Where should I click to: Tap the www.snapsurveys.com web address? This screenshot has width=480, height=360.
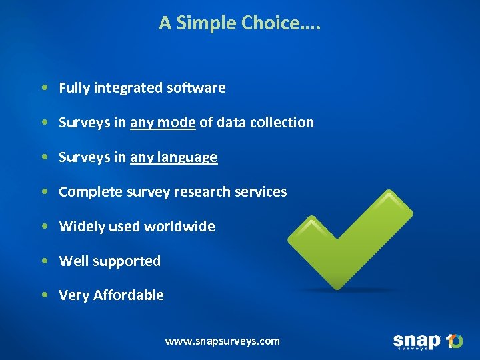click(x=223, y=341)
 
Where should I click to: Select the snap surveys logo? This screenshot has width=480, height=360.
click(x=427, y=342)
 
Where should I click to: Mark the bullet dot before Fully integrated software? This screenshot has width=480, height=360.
click(x=43, y=88)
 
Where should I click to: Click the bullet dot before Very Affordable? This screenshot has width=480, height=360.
click(x=43, y=295)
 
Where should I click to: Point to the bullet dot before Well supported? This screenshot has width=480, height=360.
click(x=43, y=261)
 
